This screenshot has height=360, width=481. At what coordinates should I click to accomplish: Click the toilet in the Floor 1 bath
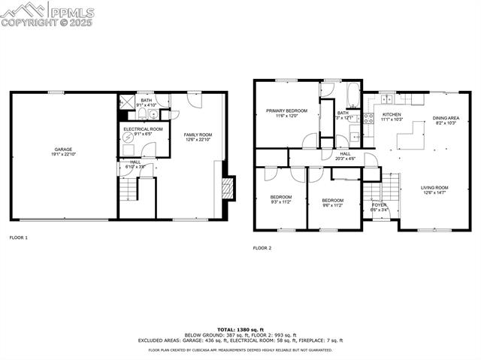pos(141,115)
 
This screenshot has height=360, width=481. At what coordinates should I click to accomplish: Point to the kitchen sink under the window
pos(388,98)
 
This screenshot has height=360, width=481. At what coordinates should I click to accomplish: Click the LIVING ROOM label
pos(434,188)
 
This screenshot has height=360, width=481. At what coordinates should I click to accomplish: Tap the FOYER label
pos(380,204)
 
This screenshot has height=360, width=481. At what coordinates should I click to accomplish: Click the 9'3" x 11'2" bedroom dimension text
pos(281,201)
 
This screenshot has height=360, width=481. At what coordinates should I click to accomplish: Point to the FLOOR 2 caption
pos(262,248)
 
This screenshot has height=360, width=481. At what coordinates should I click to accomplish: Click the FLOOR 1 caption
pos(18,237)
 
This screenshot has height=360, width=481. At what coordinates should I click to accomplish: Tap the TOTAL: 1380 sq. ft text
pos(240,329)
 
